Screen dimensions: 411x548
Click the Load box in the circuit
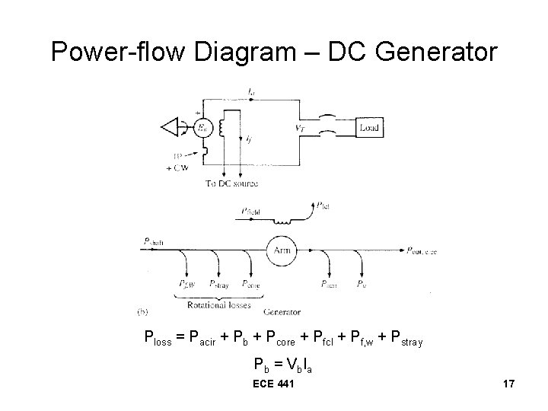(364, 129)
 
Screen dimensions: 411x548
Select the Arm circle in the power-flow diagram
(280, 250)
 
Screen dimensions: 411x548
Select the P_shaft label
(153, 243)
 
